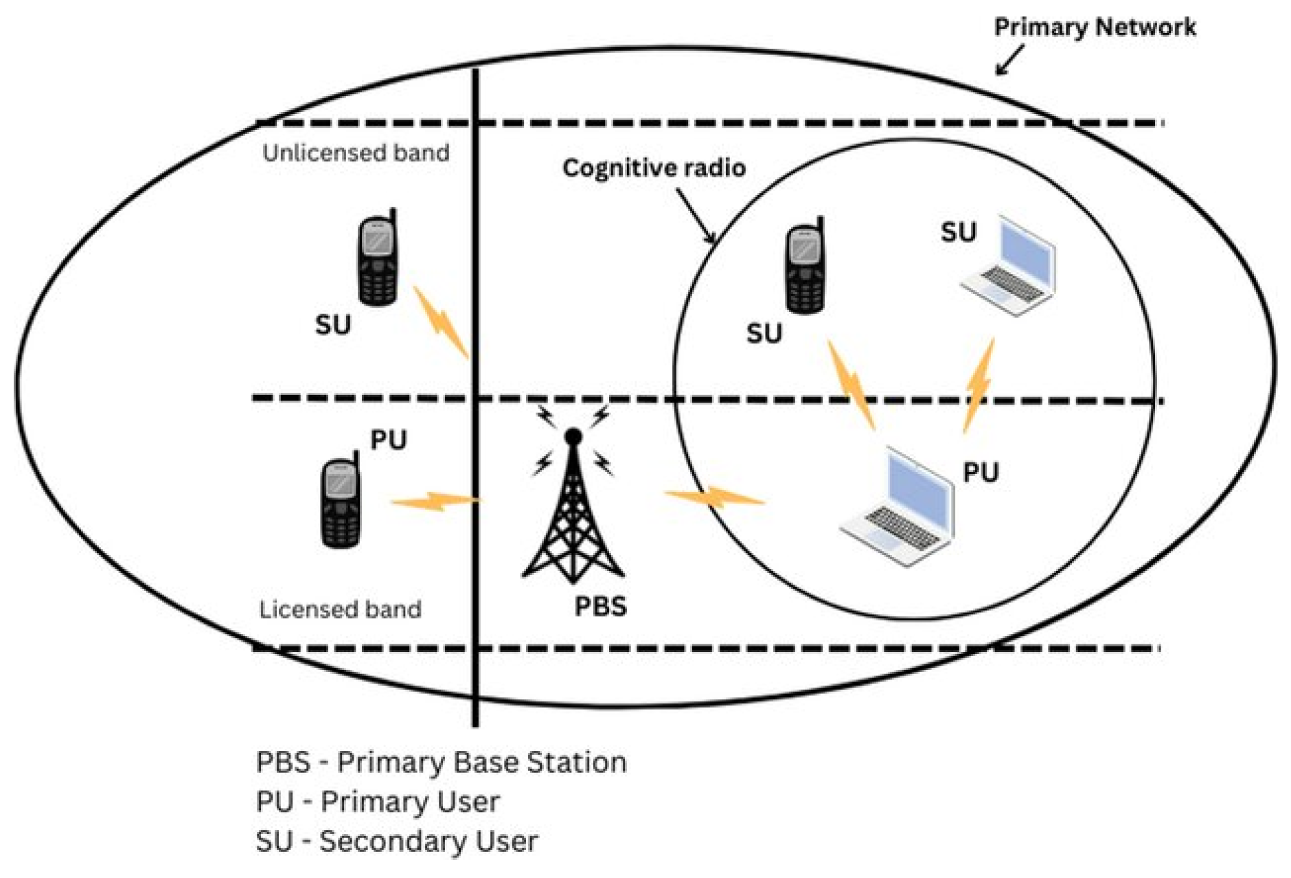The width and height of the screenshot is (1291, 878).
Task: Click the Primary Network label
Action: tap(1095, 27)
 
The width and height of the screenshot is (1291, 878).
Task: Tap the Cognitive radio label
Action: tap(654, 168)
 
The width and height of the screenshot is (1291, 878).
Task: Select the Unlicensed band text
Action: tap(356, 153)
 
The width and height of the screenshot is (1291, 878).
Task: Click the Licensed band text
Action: tap(340, 609)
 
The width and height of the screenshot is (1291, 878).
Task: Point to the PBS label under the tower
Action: tap(600, 606)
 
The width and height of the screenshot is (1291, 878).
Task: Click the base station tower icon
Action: tap(573, 508)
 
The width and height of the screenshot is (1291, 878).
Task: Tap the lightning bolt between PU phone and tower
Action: tap(434, 502)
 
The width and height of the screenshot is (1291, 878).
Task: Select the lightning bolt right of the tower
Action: tap(714, 496)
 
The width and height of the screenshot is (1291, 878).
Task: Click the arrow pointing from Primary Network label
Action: tap(1009, 60)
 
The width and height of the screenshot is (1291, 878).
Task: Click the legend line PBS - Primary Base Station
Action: tap(441, 763)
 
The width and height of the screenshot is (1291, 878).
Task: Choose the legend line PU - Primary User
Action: tap(378, 802)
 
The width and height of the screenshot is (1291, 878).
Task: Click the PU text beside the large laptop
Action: tap(981, 473)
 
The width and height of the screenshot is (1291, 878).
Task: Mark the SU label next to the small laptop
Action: tap(958, 232)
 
